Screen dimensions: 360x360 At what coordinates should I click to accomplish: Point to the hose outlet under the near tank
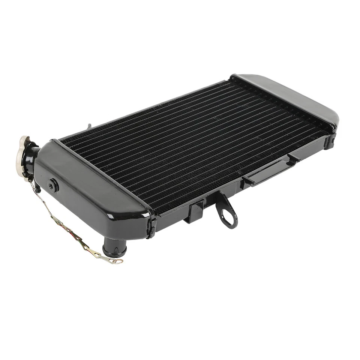click(115, 249)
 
